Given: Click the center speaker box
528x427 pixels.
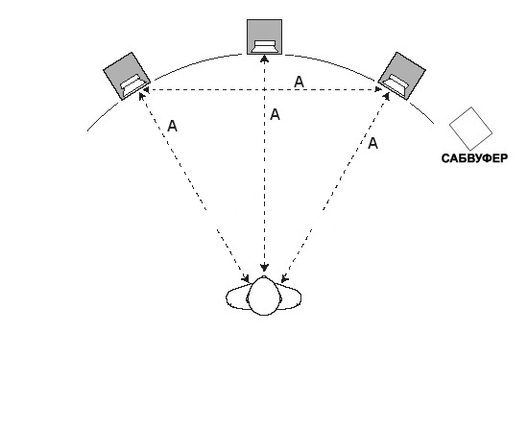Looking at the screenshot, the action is pos(264,36).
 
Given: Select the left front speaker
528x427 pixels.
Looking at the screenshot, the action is pos(127,76).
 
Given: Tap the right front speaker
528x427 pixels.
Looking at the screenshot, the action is pos(401,76).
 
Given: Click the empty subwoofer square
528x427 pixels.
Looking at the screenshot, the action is pos(470,129).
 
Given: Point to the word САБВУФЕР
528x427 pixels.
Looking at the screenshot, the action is pos(474,158).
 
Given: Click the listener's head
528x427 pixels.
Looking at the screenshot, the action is pos(264,296).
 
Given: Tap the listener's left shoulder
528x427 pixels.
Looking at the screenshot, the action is pos(237,297).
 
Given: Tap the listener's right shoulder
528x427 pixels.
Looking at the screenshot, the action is pos(290,297).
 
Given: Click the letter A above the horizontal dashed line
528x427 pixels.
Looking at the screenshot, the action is pos(299,83).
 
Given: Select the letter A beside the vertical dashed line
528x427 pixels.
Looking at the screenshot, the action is pos(275,115).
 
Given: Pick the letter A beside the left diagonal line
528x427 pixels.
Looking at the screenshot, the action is pos(172,127).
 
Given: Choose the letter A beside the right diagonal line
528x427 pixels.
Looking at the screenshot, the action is pos(372,144).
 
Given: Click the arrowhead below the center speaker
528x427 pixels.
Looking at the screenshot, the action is pos(265,59).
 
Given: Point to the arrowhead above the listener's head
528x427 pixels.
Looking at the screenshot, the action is pos(265,267).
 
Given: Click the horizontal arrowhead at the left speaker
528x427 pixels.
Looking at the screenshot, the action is pos(147,90).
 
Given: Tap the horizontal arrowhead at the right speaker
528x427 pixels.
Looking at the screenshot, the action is pos(379,90).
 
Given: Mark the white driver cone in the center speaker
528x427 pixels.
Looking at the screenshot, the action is pos(265,47).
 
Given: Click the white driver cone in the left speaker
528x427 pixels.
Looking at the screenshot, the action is pos(133,85).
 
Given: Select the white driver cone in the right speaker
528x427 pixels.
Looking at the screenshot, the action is pos(396,85).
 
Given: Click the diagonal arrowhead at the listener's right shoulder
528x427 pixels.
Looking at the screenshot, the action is pos(284,278).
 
